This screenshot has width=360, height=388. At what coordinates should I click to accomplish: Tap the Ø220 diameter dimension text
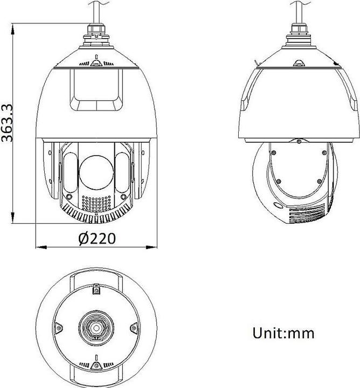pos(96,238)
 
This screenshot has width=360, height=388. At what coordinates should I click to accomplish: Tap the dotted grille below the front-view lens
pos(96,203)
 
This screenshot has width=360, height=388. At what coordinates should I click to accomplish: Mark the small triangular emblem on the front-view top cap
pos(96,63)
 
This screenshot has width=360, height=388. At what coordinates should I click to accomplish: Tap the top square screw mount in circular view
pos(96,290)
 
